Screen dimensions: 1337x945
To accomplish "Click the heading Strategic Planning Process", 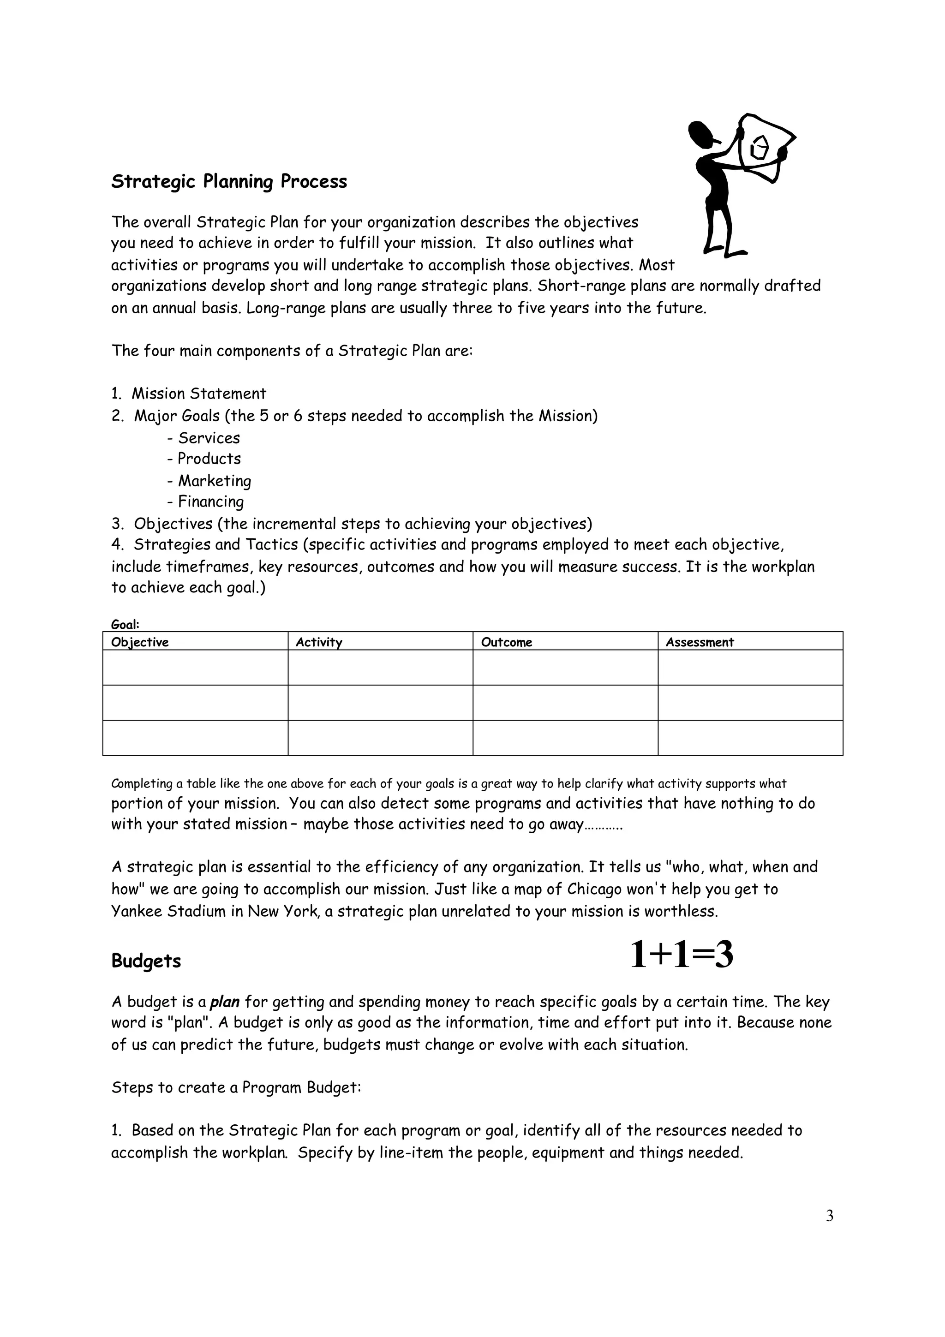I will click(x=229, y=182).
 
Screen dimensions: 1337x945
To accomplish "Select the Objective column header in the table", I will click(x=140, y=642).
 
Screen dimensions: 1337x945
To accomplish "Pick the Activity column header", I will click(x=318, y=642).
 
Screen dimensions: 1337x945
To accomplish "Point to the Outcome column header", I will click(x=506, y=642).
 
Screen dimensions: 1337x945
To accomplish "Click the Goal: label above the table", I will click(x=125, y=624).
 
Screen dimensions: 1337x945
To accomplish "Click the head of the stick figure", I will click(x=702, y=135).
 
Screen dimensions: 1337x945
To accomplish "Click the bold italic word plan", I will click(x=225, y=1002).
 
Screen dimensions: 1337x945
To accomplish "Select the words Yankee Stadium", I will click(x=168, y=911).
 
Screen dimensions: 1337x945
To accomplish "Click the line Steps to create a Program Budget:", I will click(x=236, y=1087).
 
